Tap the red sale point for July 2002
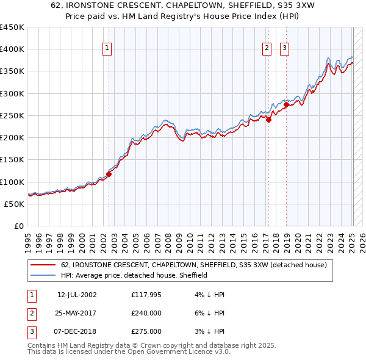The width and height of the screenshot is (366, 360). click(109, 174)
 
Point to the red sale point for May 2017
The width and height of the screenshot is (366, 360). click(268, 120)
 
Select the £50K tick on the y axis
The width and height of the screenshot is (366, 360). click(15, 204)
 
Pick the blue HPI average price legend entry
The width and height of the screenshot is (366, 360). click(134, 275)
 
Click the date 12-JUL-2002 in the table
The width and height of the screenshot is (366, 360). click(77, 295)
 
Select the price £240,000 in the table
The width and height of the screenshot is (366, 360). click(146, 313)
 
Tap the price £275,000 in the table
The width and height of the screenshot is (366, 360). click(146, 331)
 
